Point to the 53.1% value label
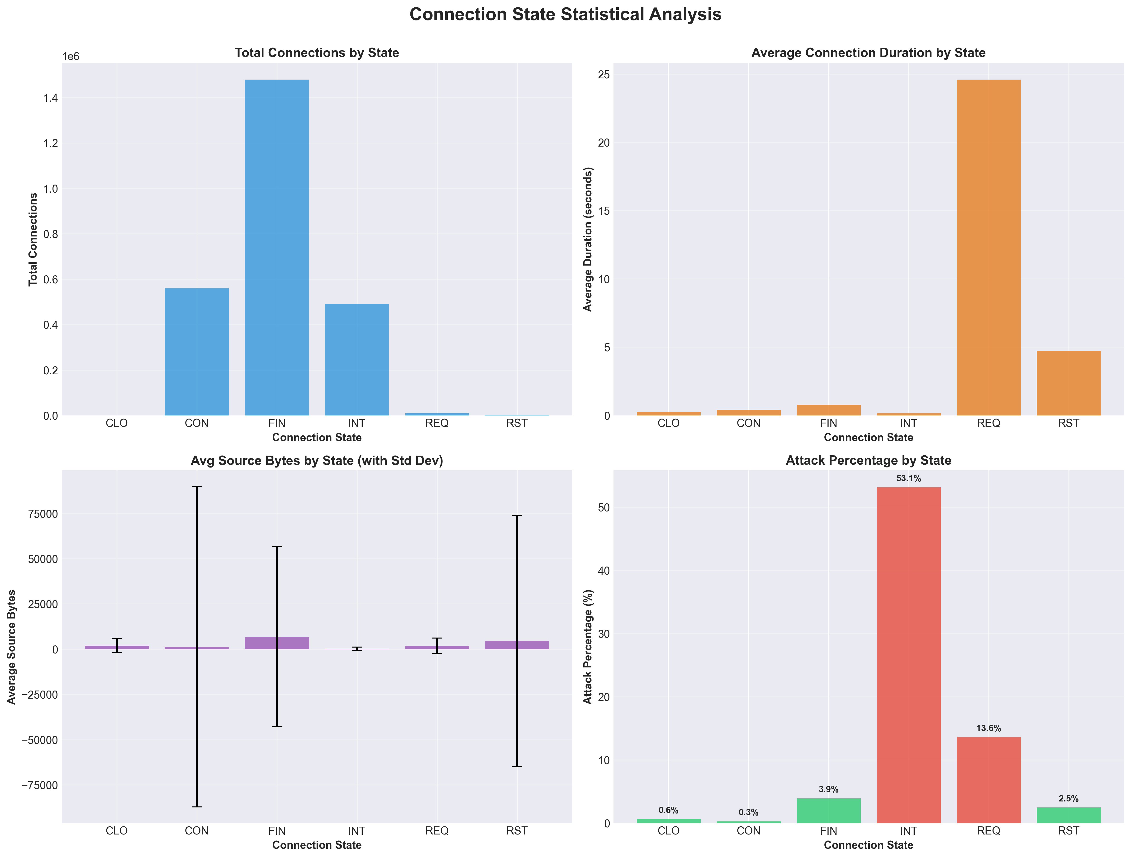[909, 479]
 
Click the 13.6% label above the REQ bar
[988, 729]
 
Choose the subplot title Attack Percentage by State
[868, 461]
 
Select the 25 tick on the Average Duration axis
[604, 75]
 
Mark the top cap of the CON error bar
[197, 487]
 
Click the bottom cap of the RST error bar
[517, 767]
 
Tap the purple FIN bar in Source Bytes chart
[277, 643]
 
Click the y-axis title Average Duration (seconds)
[588, 239]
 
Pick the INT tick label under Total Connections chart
[357, 423]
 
